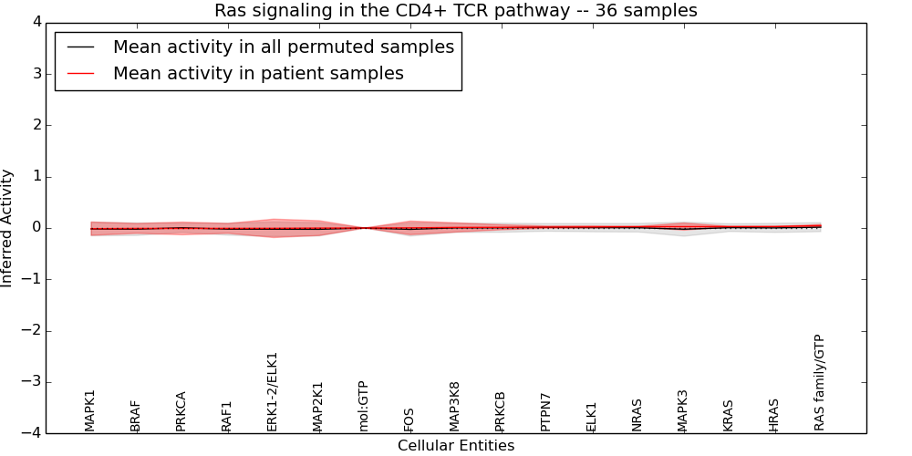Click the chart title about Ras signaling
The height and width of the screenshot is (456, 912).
[455, 11]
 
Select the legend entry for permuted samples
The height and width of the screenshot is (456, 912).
[283, 47]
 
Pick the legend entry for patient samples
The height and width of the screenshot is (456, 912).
[258, 74]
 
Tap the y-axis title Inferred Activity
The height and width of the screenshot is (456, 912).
[7, 228]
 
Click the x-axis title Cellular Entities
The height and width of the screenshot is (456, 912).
[455, 446]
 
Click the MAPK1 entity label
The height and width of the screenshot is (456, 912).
[90, 410]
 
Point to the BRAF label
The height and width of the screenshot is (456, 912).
[136, 416]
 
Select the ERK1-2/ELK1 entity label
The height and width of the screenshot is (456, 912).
[273, 391]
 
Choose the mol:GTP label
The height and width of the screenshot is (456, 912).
[364, 406]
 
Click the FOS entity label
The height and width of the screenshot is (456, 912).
[409, 420]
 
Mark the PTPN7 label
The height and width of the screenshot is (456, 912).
[546, 412]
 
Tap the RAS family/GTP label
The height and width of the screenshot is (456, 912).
[820, 382]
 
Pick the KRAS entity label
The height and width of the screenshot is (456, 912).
[729, 415]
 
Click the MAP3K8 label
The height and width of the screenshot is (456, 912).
[455, 407]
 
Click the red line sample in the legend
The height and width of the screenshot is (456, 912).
[80, 74]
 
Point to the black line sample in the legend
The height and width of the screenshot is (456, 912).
[80, 47]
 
